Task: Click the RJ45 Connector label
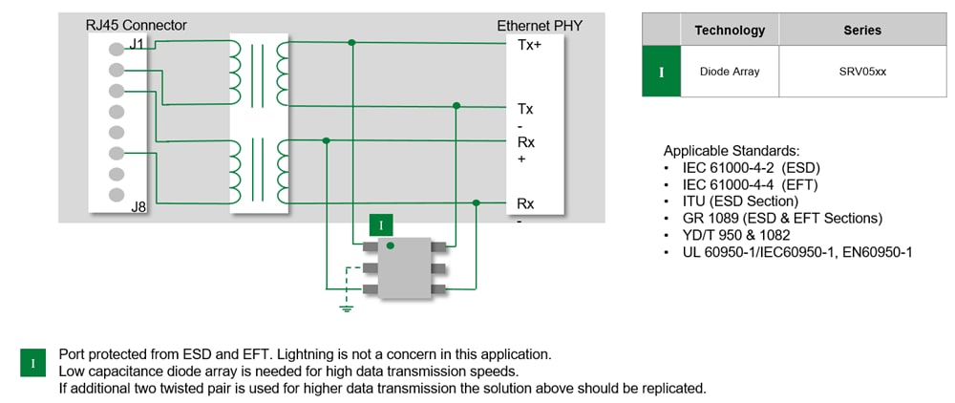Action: (x=137, y=25)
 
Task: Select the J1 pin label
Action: (x=137, y=45)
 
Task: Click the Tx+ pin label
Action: (x=529, y=44)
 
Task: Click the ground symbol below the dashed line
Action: (x=348, y=308)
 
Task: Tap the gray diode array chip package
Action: (x=400, y=267)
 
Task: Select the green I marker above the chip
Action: (x=381, y=225)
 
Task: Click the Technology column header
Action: (x=730, y=30)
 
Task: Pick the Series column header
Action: (x=862, y=30)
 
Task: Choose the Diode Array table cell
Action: (x=730, y=71)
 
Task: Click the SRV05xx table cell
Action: (x=862, y=71)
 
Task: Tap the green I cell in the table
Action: (x=661, y=71)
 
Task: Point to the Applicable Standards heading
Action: (x=732, y=151)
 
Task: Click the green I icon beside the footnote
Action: (x=33, y=362)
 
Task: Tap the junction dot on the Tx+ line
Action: (x=352, y=43)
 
